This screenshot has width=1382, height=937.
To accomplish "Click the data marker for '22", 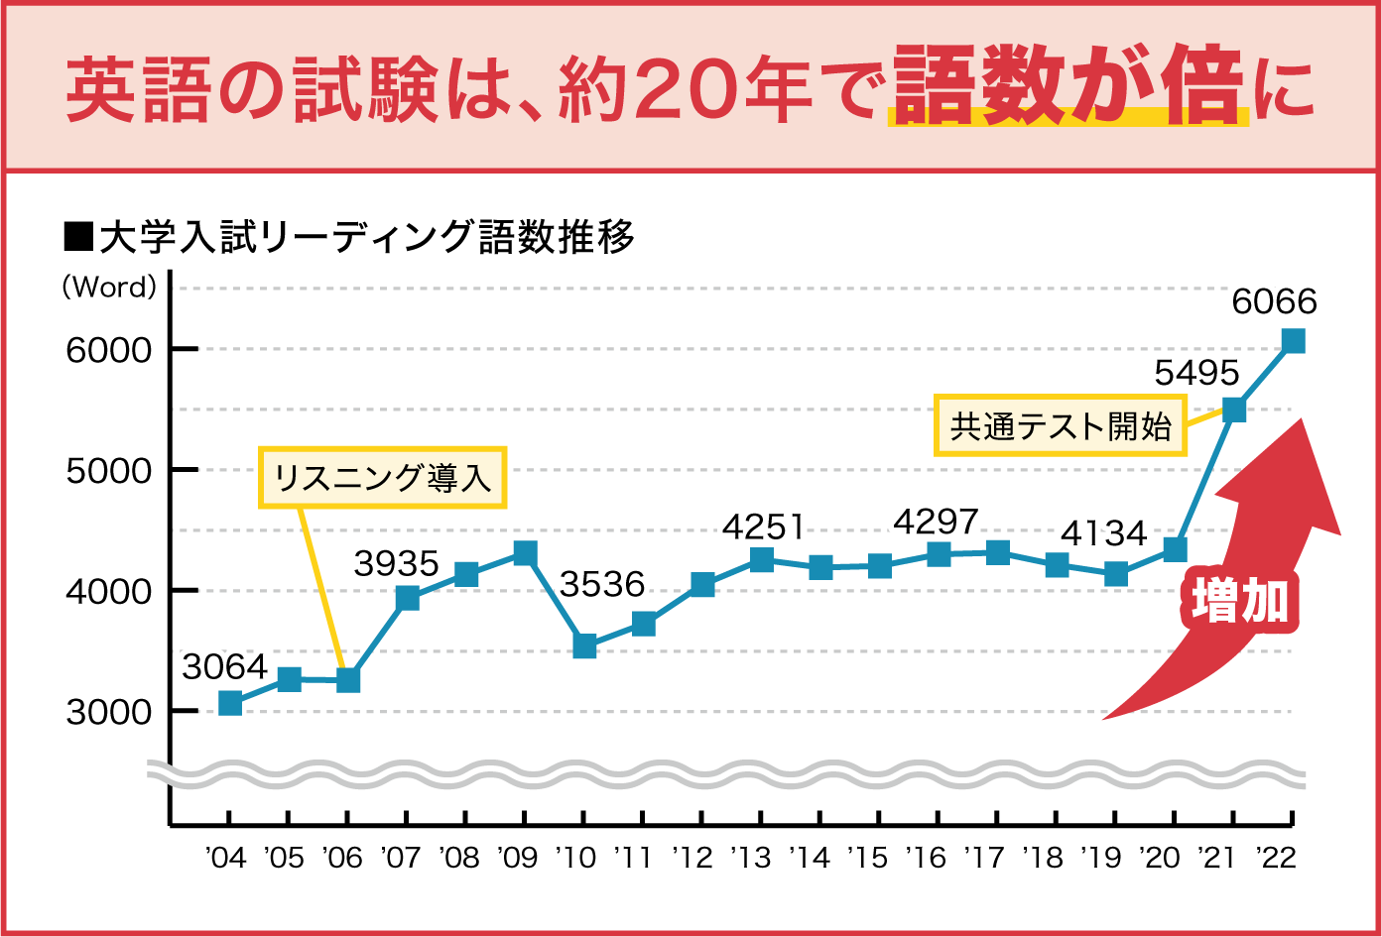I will click(x=1293, y=341).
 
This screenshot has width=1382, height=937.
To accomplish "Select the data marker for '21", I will click(x=1234, y=410).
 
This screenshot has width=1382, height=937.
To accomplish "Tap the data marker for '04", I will click(x=230, y=703).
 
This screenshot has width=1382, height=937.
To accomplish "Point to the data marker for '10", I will click(x=584, y=646).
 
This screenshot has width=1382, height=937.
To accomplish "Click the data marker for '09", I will click(x=525, y=552).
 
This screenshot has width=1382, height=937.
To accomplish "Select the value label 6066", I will click(x=1274, y=301).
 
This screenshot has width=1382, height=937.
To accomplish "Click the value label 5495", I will click(x=1196, y=373).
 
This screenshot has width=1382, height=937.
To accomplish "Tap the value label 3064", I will click(x=224, y=667).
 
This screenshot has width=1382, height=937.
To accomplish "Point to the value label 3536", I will click(x=602, y=584).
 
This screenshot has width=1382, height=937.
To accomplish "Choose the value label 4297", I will click(x=936, y=522).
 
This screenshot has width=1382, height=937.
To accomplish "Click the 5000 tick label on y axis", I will click(x=109, y=470).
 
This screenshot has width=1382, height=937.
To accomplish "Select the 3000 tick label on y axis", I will click(x=109, y=712).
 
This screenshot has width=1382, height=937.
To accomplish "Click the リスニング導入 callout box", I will click(x=383, y=478).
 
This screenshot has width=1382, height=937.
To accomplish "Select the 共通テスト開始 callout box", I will click(x=1061, y=426).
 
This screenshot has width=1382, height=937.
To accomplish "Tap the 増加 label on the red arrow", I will click(x=1239, y=601).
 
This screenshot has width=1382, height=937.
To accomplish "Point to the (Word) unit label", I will click(x=109, y=288).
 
